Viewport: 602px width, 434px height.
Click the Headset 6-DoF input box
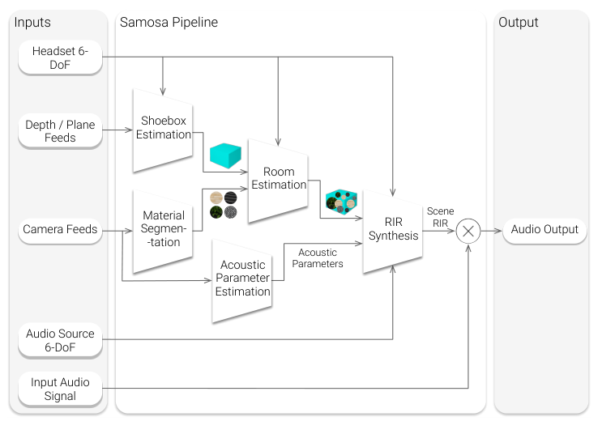[x=61, y=57]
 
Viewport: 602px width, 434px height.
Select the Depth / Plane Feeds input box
[x=61, y=131]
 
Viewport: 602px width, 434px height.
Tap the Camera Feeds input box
[x=61, y=229]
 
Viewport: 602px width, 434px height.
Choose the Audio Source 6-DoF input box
[x=61, y=340]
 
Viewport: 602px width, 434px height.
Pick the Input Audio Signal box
[x=61, y=389]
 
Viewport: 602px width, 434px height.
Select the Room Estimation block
[x=279, y=179]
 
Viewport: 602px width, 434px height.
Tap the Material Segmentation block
[x=163, y=229]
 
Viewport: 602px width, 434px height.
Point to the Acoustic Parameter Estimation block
[x=242, y=279]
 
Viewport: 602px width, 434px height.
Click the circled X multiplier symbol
[x=468, y=230]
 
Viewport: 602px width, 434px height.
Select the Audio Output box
[x=544, y=229]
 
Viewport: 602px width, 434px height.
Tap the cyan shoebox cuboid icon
[x=226, y=155]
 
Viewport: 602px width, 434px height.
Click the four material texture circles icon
[x=224, y=205]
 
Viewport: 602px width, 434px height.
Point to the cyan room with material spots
[x=341, y=202]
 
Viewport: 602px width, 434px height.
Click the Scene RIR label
[x=441, y=216]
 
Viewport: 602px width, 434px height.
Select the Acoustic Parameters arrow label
[x=317, y=258]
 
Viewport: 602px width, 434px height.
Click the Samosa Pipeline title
[x=169, y=23]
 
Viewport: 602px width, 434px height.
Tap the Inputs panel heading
[x=32, y=23]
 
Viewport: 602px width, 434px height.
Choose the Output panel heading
[x=519, y=23]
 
